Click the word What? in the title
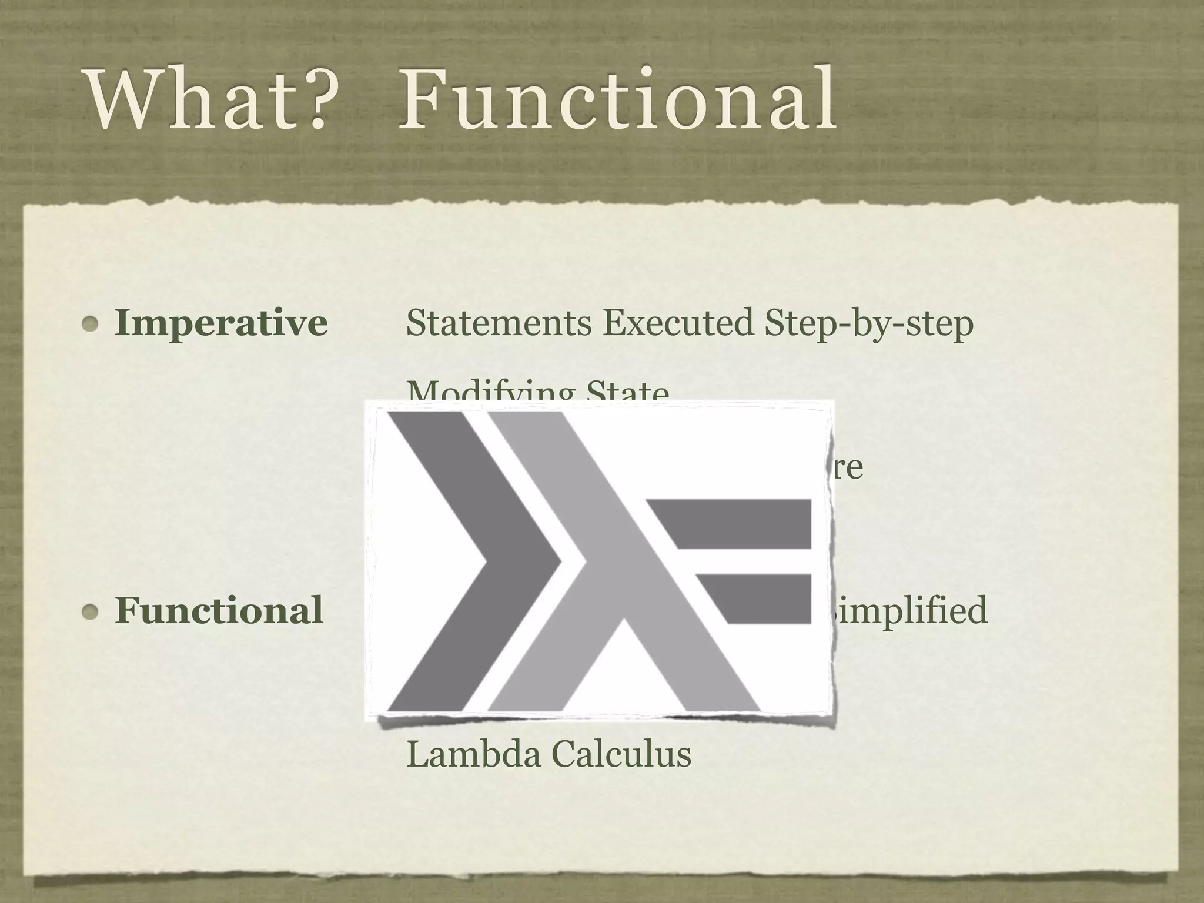206,100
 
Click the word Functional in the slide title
617,100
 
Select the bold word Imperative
221,323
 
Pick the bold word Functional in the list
219,610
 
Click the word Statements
499,323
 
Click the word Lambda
473,754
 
